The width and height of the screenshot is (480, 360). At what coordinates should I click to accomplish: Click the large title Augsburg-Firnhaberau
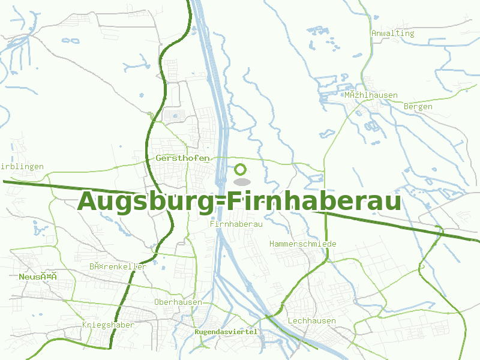point(239,201)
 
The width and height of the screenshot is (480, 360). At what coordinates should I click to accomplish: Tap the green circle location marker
point(241,170)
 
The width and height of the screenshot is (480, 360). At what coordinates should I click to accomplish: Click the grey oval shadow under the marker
point(241,181)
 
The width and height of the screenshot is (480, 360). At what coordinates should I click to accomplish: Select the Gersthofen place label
point(182,158)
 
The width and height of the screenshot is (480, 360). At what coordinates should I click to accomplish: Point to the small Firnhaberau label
point(237,223)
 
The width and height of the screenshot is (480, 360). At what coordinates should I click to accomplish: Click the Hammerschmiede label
point(303,244)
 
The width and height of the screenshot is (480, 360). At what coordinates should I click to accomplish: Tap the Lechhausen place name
point(312,320)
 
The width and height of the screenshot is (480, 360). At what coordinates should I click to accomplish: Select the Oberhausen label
point(178,302)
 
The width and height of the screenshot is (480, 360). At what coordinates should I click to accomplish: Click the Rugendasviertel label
point(226,332)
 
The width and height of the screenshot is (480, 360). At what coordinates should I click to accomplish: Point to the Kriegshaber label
point(108,325)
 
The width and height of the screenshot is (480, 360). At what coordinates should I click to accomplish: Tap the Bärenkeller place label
point(118,266)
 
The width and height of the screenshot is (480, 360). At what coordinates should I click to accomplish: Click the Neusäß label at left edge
point(37,277)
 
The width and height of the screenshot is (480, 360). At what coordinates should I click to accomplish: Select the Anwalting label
point(393,33)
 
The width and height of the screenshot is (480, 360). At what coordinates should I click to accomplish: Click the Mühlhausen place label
point(371,95)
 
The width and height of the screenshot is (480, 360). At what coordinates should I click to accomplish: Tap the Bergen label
point(418,106)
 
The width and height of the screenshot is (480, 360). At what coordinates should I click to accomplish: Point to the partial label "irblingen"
point(22,166)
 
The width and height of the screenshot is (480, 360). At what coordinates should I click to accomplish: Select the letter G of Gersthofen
point(158,158)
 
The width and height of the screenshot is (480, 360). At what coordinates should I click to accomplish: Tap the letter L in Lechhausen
point(290,320)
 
